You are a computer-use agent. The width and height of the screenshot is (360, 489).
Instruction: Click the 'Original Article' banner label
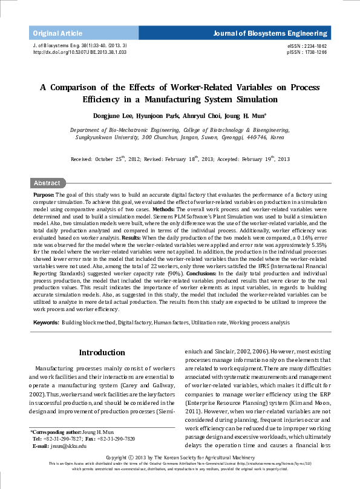tap(57, 33)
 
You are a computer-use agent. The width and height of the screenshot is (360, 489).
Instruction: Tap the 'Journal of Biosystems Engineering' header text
tap(269, 33)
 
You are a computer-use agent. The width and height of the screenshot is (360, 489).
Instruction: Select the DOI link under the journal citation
tap(79, 53)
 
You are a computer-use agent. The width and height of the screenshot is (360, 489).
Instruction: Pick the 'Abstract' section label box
tap(47, 183)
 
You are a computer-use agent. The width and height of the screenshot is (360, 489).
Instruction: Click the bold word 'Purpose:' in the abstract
tap(44, 194)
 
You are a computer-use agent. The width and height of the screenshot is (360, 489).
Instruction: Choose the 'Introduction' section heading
tap(102, 353)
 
